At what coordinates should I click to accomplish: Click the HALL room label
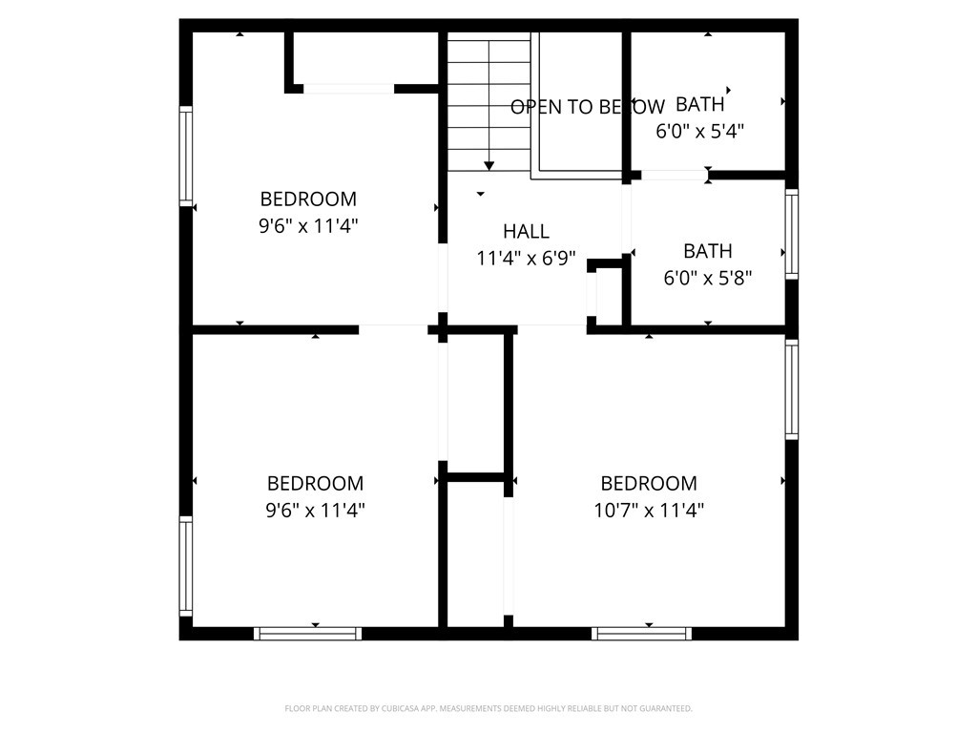click(x=526, y=231)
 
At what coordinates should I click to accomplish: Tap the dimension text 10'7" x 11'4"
click(x=649, y=511)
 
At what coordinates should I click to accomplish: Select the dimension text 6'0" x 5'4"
click(x=699, y=132)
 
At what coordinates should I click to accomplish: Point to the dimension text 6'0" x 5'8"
click(x=707, y=278)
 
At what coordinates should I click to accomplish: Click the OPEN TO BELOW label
click(x=588, y=107)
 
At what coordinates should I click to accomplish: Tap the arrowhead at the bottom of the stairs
click(x=489, y=166)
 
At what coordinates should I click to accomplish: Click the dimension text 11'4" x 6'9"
click(x=526, y=258)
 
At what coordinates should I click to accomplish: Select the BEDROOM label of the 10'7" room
click(x=649, y=483)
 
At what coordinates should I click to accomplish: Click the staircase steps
click(x=489, y=101)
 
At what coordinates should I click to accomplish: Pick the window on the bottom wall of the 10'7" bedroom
click(x=641, y=634)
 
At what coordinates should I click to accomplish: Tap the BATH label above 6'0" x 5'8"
click(x=707, y=251)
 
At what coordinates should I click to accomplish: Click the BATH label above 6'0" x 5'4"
click(x=699, y=104)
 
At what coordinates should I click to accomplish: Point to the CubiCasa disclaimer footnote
click(x=488, y=709)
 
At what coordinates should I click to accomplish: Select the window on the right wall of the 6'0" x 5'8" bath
click(x=791, y=235)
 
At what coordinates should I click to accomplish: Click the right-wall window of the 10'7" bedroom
click(x=791, y=389)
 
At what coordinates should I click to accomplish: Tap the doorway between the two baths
click(x=675, y=176)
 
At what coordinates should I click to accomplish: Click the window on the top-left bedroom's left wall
click(x=186, y=156)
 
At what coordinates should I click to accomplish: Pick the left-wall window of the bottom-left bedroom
click(x=186, y=566)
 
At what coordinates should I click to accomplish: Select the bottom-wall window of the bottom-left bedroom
click(x=307, y=634)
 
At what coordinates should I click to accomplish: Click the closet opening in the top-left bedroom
click(x=349, y=89)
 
